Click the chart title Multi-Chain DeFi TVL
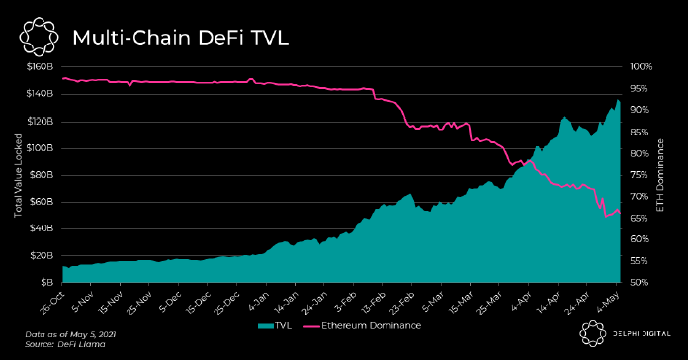[180, 38]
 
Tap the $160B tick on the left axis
[40, 67]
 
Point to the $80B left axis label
[43, 175]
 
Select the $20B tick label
[43, 255]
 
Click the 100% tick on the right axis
[642, 67]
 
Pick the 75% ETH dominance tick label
[640, 175]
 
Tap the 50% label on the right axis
[640, 282]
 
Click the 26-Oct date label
[52, 303]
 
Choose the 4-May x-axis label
[608, 302]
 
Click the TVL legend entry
[275, 326]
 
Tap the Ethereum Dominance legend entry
[362, 326]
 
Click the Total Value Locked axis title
[18, 175]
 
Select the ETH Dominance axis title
[660, 175]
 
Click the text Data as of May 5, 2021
[70, 334]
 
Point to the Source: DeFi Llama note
[65, 344]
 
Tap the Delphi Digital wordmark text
[642, 334]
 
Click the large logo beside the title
[40, 37]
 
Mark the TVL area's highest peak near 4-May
[618, 100]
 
